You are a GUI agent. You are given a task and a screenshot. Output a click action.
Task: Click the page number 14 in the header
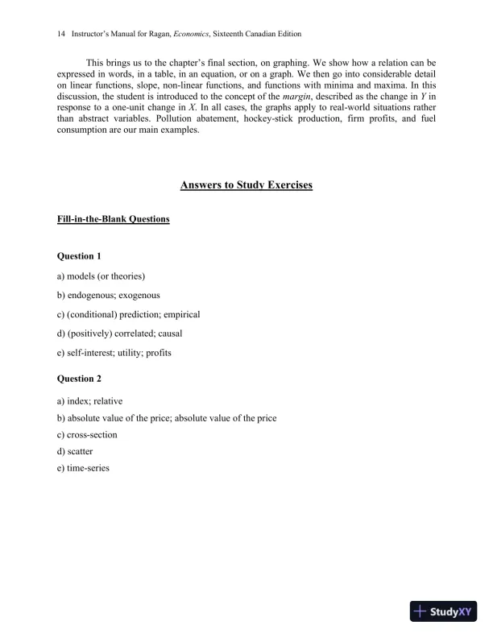[60, 35]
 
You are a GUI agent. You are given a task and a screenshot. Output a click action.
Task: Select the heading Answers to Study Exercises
[246, 185]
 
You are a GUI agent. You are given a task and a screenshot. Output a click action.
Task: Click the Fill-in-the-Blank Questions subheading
[113, 219]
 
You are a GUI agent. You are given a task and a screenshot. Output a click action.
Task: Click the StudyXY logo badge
[445, 611]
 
